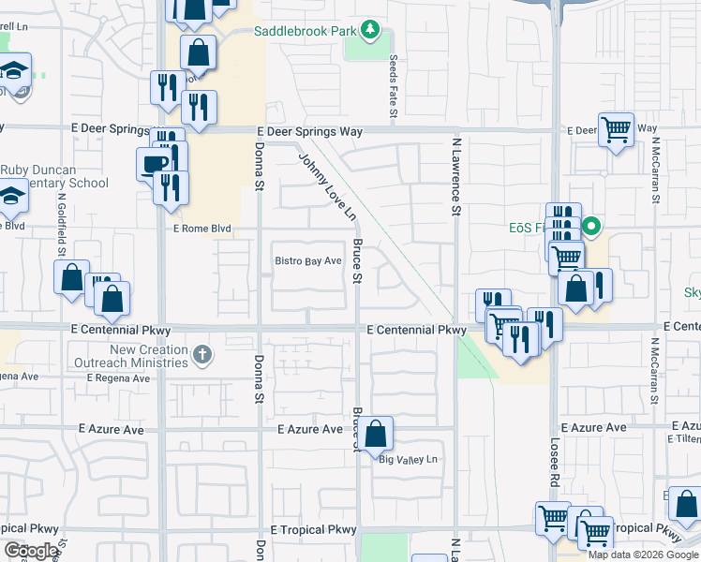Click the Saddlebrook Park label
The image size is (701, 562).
click(306, 31)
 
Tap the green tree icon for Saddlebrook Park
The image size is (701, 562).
click(371, 30)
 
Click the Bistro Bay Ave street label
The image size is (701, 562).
click(307, 261)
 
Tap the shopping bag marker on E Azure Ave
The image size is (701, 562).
click(375, 434)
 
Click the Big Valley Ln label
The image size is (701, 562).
click(408, 459)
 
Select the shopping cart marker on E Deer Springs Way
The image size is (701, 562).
click(616, 131)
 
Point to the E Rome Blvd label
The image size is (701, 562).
click(201, 228)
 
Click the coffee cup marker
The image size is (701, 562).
click(154, 165)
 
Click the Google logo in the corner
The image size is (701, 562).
click(31, 551)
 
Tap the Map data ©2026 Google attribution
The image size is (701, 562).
click(643, 554)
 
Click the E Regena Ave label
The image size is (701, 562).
click(118, 378)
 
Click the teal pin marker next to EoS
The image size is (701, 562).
click(591, 227)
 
